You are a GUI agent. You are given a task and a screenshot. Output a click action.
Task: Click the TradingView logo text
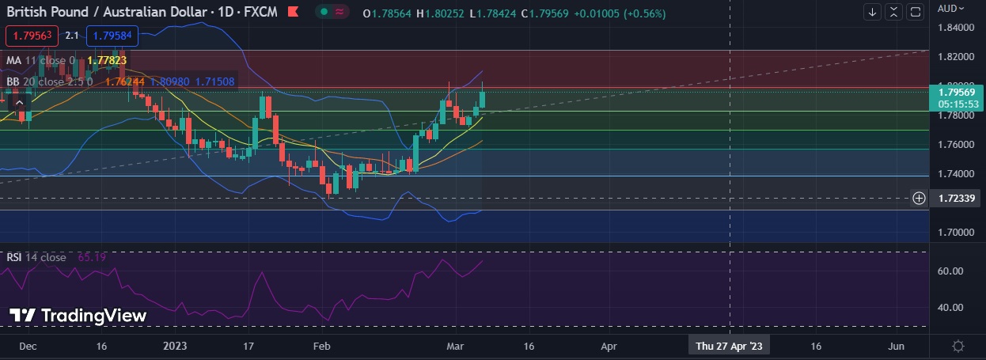pyautogui.click(x=78, y=315)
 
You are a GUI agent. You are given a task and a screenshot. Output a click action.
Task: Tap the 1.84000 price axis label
pyautogui.click(x=955, y=28)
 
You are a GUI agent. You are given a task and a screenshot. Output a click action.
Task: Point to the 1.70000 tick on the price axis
pyautogui.click(x=955, y=233)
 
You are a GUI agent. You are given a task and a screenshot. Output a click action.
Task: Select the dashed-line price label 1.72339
pyautogui.click(x=955, y=198)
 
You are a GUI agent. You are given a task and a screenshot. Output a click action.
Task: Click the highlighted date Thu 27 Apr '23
pyautogui.click(x=729, y=346)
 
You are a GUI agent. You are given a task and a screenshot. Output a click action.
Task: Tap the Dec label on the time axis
pyautogui.click(x=28, y=346)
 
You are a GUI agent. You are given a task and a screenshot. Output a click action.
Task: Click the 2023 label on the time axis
pyautogui.click(x=174, y=346)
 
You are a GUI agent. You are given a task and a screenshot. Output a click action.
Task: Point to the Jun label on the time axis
pyautogui.click(x=896, y=346)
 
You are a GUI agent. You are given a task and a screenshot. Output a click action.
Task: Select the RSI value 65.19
pyautogui.click(x=92, y=257)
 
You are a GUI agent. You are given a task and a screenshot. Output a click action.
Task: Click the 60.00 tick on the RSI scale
pyautogui.click(x=950, y=271)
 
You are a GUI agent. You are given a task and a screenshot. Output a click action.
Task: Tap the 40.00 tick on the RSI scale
pyautogui.click(x=950, y=308)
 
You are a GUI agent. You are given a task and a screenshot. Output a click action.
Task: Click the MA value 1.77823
pyautogui.click(x=107, y=60)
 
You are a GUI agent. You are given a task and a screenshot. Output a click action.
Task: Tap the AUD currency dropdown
pyautogui.click(x=951, y=9)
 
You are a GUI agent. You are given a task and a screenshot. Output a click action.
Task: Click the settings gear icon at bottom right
pyautogui.click(x=958, y=346)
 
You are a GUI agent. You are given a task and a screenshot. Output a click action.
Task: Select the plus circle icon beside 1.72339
pyautogui.click(x=920, y=198)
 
